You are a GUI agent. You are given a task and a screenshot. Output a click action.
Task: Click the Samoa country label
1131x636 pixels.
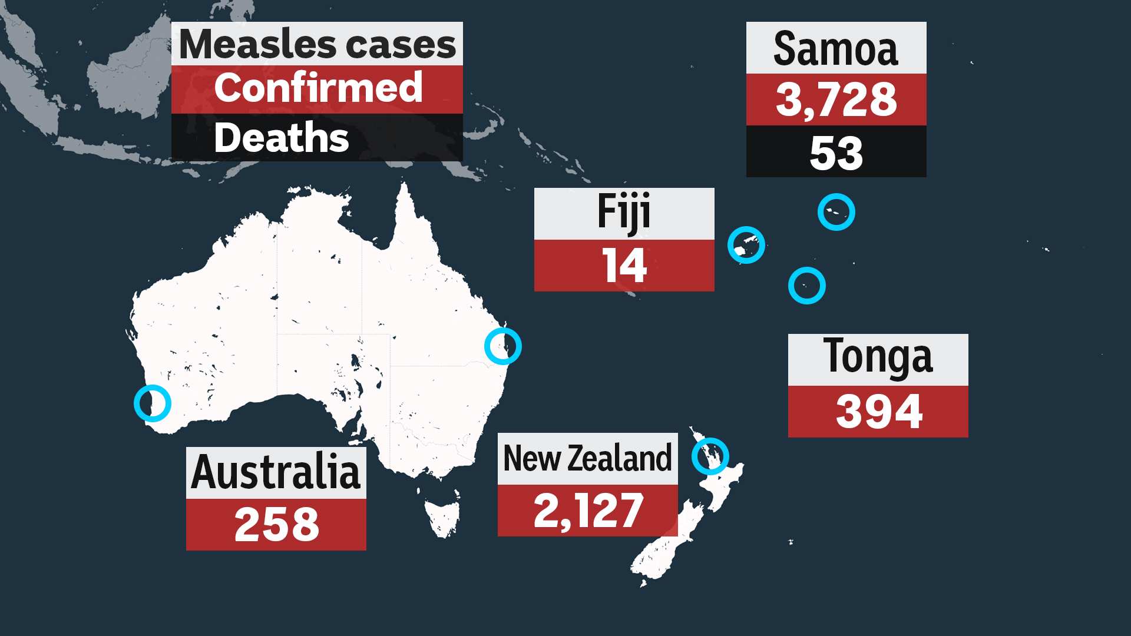835,48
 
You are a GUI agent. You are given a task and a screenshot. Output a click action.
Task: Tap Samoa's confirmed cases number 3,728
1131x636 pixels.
835,100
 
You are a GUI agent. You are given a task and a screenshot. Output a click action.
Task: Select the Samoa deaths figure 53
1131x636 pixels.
835,152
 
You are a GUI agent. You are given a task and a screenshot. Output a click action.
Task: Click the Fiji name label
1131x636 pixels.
623,213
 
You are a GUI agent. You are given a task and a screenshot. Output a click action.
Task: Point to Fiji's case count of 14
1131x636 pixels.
623,266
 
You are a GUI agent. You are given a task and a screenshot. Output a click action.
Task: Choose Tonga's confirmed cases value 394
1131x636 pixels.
878,412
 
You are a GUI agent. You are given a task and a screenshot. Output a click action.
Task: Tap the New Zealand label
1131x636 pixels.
587,459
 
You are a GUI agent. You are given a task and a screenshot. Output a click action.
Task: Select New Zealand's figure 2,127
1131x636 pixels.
587,511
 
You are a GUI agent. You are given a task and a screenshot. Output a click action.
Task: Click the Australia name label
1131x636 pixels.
276,472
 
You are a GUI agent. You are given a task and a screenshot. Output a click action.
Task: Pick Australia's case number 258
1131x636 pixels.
276,525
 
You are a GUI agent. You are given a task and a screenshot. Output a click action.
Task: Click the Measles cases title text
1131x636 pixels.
317,44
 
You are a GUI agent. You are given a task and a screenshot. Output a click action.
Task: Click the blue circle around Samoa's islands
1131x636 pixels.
836,212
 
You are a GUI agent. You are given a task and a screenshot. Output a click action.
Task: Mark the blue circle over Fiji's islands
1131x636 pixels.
746,245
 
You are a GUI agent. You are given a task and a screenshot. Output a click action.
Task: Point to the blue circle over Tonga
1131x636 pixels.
806,286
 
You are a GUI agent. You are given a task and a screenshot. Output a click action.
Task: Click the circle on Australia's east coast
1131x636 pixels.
502,346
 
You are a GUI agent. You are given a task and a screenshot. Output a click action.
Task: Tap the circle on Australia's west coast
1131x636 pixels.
152,403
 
